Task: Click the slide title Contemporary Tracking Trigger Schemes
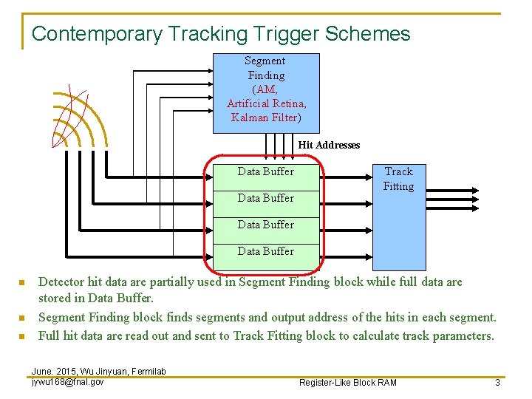coord(221,34)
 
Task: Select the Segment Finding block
coord(266,92)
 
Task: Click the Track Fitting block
coord(399,214)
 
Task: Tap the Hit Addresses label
coord(329,145)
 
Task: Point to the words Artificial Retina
coord(267,103)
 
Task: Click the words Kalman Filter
coord(265,117)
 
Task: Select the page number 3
coord(498,382)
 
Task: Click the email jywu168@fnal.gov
coord(67,381)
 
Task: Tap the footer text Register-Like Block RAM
coord(347,382)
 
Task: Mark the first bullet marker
coord(22,283)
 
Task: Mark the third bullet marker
coord(22,336)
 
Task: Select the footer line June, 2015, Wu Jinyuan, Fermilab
coord(98,371)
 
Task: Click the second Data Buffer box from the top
coord(266,198)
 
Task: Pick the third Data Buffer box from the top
coord(266,225)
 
